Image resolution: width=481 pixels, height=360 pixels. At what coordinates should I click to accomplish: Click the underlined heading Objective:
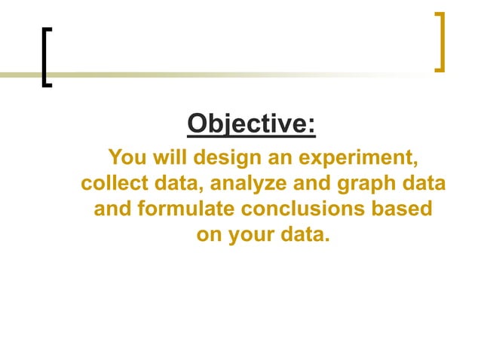(x=251, y=123)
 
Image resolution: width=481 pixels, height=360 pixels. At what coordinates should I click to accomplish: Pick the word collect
(x=112, y=184)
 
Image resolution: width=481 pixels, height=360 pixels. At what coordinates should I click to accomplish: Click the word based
(x=408, y=209)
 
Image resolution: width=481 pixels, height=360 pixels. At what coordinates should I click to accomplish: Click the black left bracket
(x=47, y=57)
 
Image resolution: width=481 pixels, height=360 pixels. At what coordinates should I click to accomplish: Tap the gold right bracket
(x=440, y=42)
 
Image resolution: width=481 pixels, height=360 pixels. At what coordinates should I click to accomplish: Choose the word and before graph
(x=307, y=184)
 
